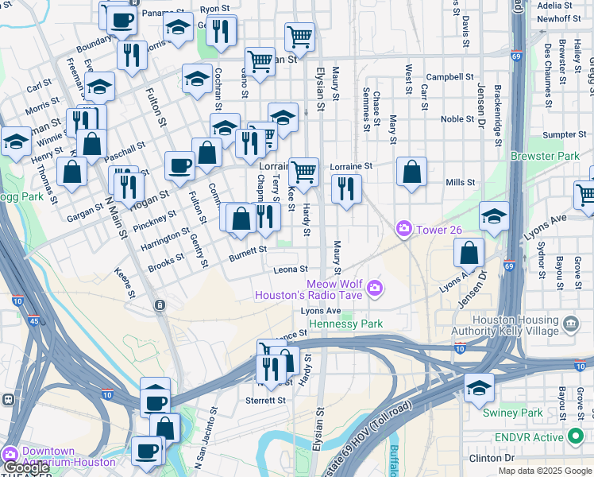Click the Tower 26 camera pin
pos(404,230)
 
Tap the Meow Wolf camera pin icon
pos(374,288)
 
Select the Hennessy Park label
pos(346,324)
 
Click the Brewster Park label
pos(546,157)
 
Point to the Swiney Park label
pos(513,413)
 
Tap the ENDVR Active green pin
pos(576,437)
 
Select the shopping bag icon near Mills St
pos(411,172)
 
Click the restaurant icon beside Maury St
pos(345,188)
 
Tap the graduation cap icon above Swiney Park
pos(479,388)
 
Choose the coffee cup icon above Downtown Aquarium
pos(146,450)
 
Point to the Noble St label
pos(457,119)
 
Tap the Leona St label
pos(290,270)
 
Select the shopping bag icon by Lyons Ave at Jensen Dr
pos(469,253)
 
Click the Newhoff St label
pos(558,18)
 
